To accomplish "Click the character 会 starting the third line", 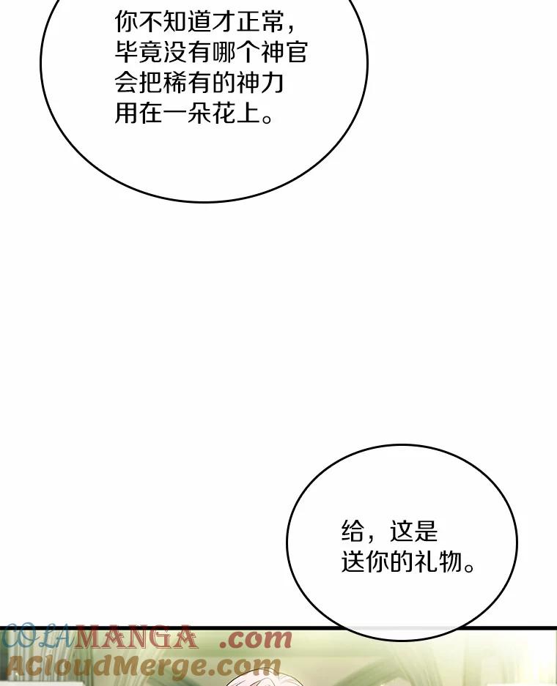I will click(x=127, y=83).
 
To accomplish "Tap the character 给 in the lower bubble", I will click(x=353, y=530).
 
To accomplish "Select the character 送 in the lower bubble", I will click(x=353, y=562).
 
